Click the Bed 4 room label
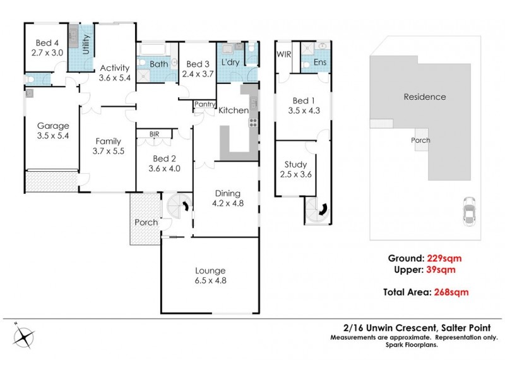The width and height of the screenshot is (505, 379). pyautogui.click(x=47, y=42)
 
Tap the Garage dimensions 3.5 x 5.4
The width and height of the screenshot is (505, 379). pyautogui.click(x=52, y=135)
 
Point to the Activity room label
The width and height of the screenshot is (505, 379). pyautogui.click(x=114, y=68)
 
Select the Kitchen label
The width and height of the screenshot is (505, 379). pyautogui.click(x=234, y=111)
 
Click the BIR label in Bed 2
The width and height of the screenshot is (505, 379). pyautogui.click(x=154, y=134)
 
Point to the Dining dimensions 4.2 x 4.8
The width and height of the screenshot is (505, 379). pyautogui.click(x=227, y=203)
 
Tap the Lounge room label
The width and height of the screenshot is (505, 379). pyautogui.click(x=210, y=271)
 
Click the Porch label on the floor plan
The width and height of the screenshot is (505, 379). pyautogui.click(x=146, y=222)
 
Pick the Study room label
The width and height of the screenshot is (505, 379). pyautogui.click(x=295, y=165)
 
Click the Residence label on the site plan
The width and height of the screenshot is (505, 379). pyautogui.click(x=425, y=97)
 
